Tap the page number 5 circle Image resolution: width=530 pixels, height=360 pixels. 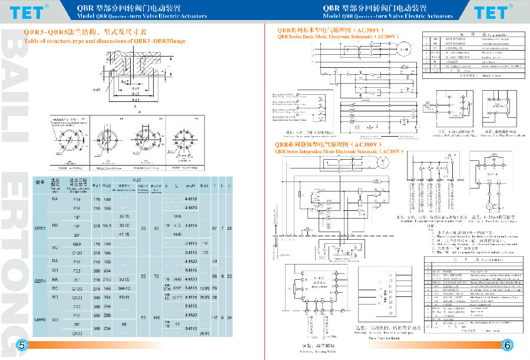click(21, 345)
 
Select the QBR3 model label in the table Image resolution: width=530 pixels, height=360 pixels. click(40, 227)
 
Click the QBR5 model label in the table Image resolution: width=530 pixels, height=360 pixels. click(40, 319)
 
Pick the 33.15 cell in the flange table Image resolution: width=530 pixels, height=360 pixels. click(124, 217)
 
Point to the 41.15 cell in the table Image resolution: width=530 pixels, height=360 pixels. click(124, 234)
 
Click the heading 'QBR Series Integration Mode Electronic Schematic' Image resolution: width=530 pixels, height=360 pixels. click(339, 151)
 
